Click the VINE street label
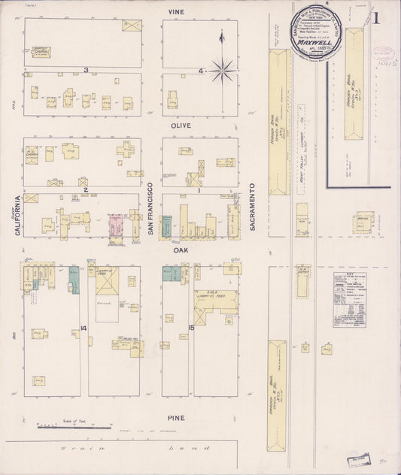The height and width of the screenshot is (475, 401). tap(177, 12)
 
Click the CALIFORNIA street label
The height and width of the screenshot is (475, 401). tap(17, 216)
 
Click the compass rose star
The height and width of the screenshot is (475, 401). tap(222, 72)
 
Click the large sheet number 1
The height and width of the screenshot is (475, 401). tap(375, 18)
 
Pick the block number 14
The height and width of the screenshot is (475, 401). tap(83, 328)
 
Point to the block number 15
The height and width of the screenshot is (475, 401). tap(192, 328)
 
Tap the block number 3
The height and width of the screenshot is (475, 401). tap(87, 70)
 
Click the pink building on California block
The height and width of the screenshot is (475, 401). tap(116, 224)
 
